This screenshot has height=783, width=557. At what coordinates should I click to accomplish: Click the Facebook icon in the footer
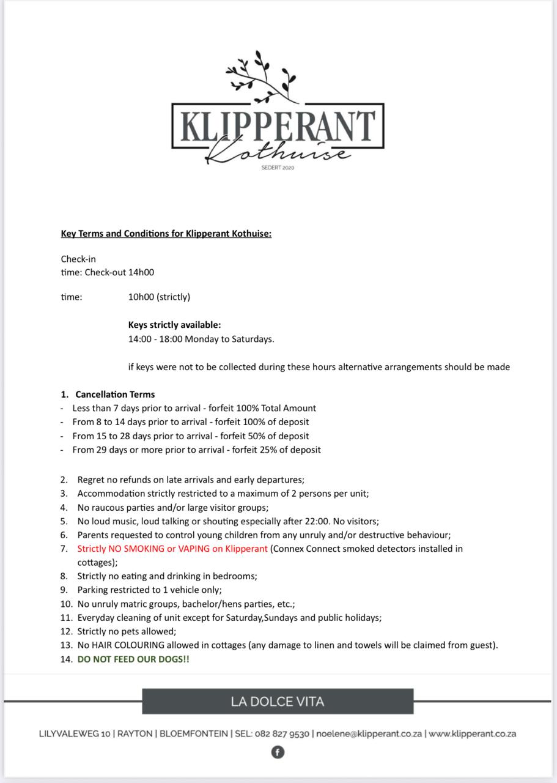click(x=278, y=752)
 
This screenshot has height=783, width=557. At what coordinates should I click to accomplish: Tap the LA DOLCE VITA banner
click(x=278, y=701)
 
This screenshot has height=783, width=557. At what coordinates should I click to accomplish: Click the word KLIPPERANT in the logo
click(x=278, y=127)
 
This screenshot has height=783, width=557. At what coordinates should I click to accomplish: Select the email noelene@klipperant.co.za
click(x=369, y=733)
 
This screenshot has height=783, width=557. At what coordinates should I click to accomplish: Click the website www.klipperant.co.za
click(x=472, y=733)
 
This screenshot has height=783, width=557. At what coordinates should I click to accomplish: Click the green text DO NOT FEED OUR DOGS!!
click(x=133, y=659)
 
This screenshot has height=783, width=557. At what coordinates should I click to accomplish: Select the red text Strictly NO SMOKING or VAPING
click(x=172, y=549)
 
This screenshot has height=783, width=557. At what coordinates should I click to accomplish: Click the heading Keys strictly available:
click(x=174, y=325)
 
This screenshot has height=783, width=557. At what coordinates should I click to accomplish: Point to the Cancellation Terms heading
click(x=115, y=395)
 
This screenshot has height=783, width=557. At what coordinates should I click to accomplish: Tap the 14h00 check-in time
click(x=141, y=272)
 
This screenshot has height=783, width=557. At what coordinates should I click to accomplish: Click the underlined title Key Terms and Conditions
click(x=166, y=234)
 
